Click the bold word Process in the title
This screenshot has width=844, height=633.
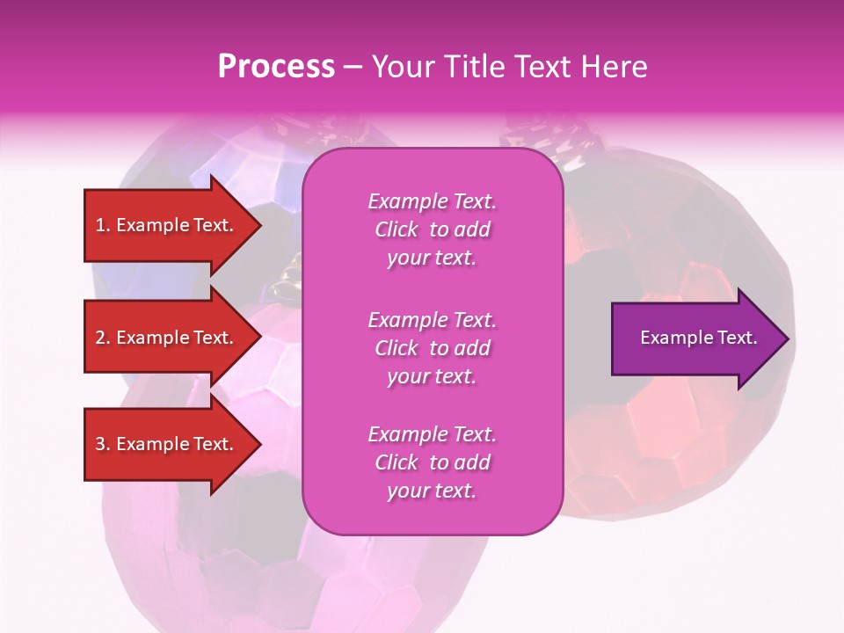coord(276,67)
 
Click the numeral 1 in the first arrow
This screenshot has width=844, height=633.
coord(100,225)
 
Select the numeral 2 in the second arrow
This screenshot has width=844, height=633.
coord(100,338)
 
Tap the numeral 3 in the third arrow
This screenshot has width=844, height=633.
coord(100,444)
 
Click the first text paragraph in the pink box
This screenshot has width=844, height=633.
coord(432,229)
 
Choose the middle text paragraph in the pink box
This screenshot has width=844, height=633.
coord(432,348)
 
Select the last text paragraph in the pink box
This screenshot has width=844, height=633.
coord(432,462)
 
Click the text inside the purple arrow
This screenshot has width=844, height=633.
coord(698,338)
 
